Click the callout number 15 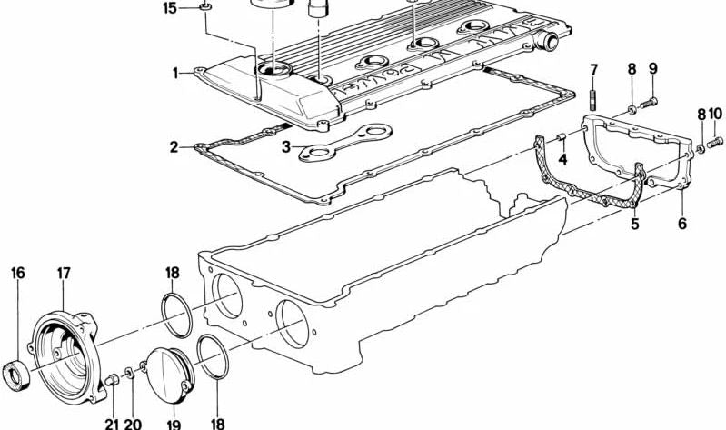coord(170,8)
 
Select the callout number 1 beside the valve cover coord(176,74)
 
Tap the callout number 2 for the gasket coord(174,147)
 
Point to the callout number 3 coord(286,147)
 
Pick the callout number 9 coord(652,68)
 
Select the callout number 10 coord(715,114)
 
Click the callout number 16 coord(17,273)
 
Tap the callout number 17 coord(64,274)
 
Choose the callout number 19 coord(174,424)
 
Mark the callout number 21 coord(112,424)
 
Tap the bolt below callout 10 coord(715,141)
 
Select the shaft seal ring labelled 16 coord(16,375)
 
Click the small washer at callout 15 coord(205,6)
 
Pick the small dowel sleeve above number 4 coord(562,137)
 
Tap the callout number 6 coord(682,224)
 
